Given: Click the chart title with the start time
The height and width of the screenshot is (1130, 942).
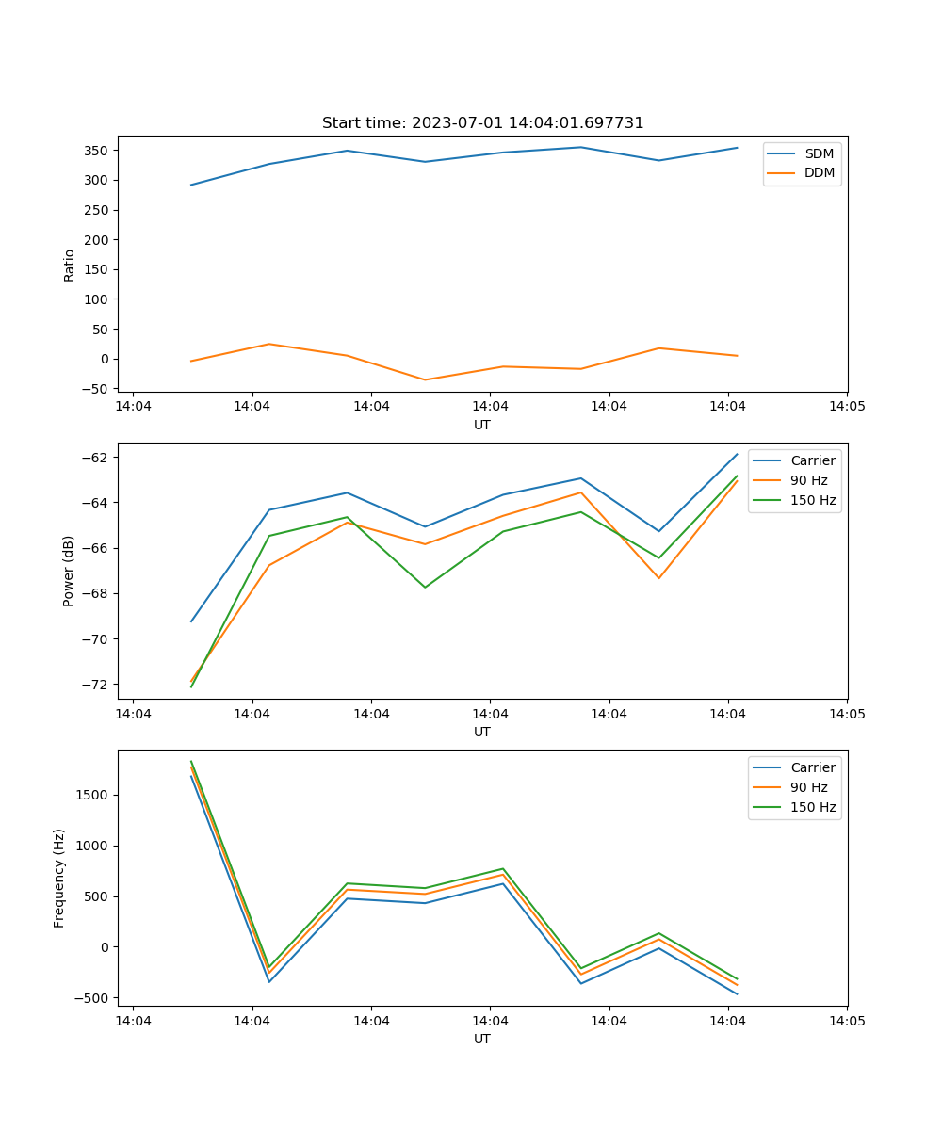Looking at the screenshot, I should tap(482, 123).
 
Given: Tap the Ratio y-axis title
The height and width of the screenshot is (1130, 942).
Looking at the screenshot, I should tap(70, 265).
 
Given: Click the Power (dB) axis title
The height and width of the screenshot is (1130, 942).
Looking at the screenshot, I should tap(70, 572).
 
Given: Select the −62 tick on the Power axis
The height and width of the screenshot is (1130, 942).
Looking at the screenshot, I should tap(97, 458).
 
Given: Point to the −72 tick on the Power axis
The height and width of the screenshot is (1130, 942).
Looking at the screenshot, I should tap(97, 685).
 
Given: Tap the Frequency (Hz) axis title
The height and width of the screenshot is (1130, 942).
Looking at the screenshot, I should tap(59, 878).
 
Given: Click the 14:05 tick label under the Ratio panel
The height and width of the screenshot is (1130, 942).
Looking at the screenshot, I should tap(847, 407).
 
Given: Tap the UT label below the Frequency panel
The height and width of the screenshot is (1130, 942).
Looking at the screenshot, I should tap(482, 1040).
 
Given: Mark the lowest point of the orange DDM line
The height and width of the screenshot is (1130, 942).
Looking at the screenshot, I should tap(425, 380).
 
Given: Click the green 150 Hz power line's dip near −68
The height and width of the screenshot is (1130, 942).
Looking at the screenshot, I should tap(425, 588).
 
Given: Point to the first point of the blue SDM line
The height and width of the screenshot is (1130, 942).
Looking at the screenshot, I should tap(191, 185).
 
